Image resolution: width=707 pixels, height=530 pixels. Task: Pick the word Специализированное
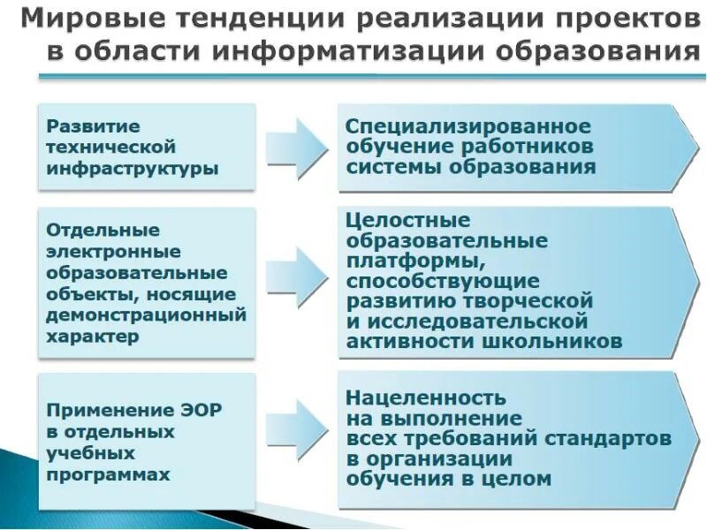tap(468, 125)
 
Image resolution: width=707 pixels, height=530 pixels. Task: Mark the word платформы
tap(414, 261)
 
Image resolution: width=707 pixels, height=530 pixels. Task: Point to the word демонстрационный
tap(146, 314)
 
